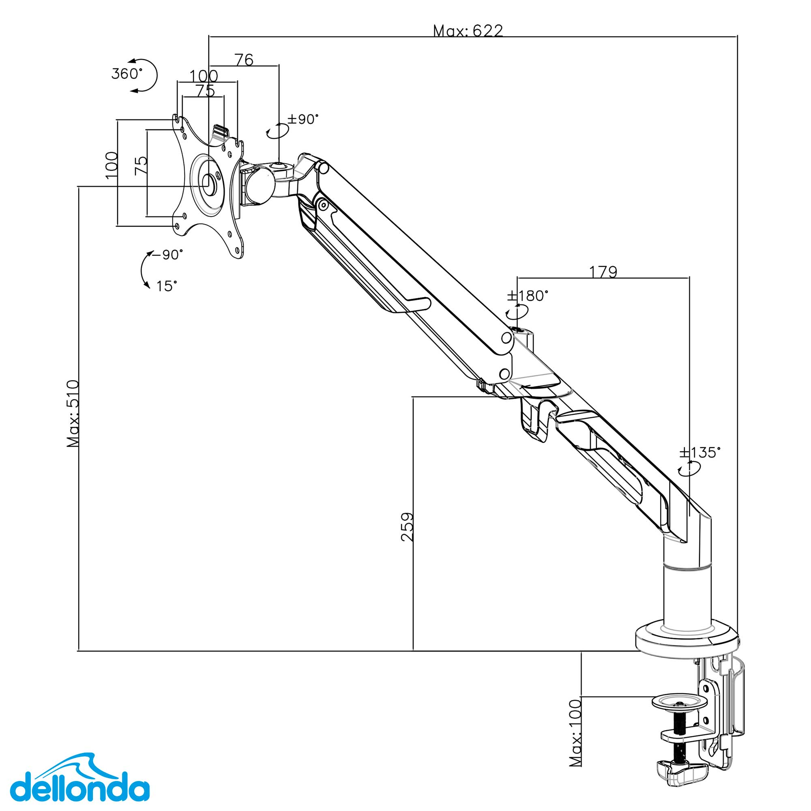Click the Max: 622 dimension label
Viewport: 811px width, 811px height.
pos(468,31)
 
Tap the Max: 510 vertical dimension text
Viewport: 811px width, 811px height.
pos(73,414)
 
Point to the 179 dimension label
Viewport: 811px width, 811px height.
pos(603,272)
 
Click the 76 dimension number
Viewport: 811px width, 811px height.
pos(244,60)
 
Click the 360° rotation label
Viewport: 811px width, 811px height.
pos(127,74)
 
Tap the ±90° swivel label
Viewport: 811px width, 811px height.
pos(303,119)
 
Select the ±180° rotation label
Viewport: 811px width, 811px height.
pos(528,296)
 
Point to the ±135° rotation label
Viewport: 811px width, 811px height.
pos(700,452)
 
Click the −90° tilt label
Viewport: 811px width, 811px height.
pos(167,255)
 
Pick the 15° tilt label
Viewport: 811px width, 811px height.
pos(167,286)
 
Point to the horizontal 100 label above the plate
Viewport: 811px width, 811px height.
pos(204,76)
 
